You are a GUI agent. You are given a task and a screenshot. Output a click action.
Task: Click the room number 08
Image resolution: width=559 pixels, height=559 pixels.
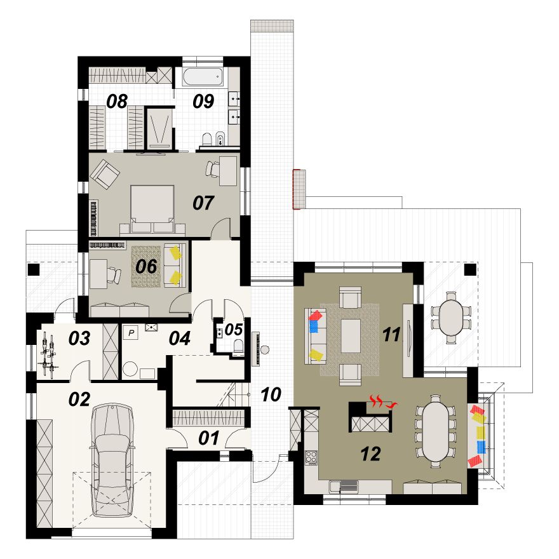(x=117, y=101)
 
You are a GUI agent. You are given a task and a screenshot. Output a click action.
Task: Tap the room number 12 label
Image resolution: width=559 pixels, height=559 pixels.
(x=371, y=454)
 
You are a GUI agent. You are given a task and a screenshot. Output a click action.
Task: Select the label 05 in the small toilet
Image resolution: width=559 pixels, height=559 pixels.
(x=234, y=330)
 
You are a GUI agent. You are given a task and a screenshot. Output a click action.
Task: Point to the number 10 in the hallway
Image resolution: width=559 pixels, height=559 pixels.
(x=271, y=394)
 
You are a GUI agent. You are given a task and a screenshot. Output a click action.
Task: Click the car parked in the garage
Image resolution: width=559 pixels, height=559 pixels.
(x=112, y=460)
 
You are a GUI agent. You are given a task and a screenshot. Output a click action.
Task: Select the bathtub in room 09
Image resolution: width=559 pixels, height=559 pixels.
(x=203, y=77)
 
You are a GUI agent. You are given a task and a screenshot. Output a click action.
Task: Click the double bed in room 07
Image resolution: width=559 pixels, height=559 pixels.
(x=152, y=209)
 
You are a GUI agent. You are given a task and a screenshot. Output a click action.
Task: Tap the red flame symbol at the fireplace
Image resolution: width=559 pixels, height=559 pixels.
(x=382, y=401)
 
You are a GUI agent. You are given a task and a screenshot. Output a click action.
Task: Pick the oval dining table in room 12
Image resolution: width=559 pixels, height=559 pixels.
(x=436, y=431)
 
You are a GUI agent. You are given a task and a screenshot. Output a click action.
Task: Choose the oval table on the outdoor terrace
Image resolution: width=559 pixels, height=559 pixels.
(x=451, y=318)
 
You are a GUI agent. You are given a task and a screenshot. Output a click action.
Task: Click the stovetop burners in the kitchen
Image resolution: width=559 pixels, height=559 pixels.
(x=311, y=458)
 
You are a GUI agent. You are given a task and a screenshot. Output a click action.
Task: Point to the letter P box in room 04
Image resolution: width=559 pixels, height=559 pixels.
(x=131, y=333)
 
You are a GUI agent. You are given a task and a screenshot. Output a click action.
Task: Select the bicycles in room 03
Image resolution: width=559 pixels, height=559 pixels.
(x=48, y=354)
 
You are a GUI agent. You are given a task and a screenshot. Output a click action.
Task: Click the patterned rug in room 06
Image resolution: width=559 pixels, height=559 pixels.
(x=146, y=266)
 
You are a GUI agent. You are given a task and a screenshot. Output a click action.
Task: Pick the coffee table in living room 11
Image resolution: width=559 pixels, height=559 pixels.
(x=351, y=336)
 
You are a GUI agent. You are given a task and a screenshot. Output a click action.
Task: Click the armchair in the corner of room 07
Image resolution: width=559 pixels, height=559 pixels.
(x=104, y=173)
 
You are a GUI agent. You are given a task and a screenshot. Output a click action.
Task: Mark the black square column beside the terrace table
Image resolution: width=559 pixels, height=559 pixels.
(x=470, y=269)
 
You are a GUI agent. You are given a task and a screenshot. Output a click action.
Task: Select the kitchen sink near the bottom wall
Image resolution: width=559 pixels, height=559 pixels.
(x=335, y=486)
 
